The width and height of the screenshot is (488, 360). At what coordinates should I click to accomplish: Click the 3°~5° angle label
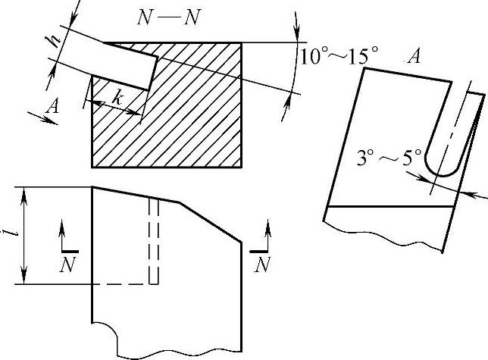click(389, 159)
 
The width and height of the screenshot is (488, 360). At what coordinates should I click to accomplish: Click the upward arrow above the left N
click(64, 232)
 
